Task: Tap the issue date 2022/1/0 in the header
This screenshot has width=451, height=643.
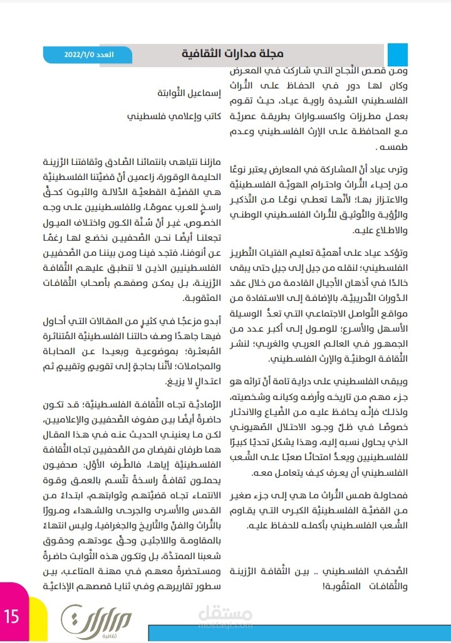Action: (80, 55)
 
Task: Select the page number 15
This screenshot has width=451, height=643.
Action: (12, 616)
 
